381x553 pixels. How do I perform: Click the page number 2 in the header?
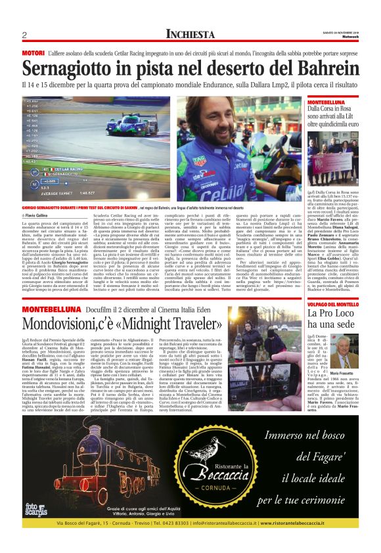coord(24,35)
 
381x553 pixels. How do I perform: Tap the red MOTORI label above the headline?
coord(33,52)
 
